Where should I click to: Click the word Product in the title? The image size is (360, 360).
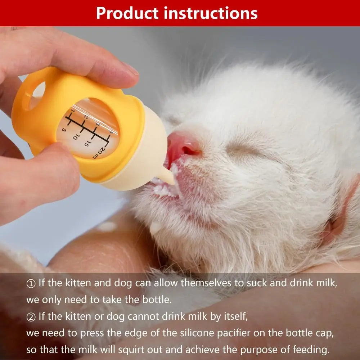coord(127,13)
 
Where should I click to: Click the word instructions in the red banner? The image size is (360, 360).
coord(211,13)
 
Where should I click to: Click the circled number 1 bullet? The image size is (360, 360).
coord(31,283)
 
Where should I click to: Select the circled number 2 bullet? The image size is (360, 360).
coord(31,317)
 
